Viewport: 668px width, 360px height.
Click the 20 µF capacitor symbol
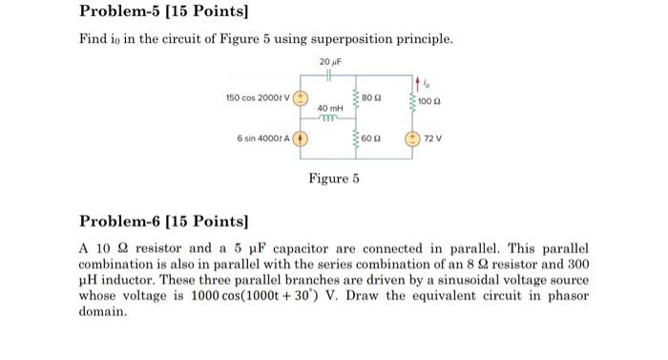point(328,72)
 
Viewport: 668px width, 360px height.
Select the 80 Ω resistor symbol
point(356,98)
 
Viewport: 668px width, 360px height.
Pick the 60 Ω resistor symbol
point(356,140)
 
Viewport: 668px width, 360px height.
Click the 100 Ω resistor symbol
point(412,98)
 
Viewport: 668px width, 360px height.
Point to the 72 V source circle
point(412,139)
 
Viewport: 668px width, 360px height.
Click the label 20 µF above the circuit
point(329,59)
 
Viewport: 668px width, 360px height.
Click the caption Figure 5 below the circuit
point(333,178)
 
